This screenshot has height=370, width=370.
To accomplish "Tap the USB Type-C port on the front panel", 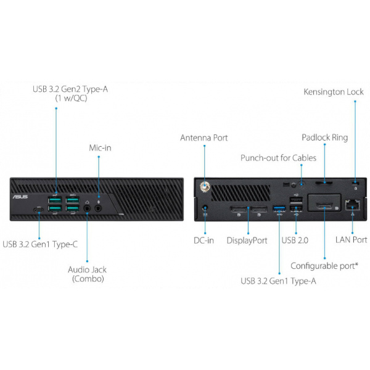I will (39, 211).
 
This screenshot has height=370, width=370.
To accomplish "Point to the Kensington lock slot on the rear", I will (355, 184).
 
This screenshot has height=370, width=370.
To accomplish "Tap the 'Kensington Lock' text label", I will (334, 92).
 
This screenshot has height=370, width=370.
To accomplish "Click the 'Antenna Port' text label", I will (203, 138).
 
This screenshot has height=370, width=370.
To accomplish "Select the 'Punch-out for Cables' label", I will (278, 158).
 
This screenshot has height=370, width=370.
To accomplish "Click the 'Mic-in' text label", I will (99, 147).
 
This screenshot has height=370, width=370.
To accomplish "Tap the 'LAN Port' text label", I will (351, 240).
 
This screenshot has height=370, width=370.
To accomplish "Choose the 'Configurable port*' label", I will (324, 266).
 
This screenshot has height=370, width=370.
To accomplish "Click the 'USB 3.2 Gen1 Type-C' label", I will (40, 244).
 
